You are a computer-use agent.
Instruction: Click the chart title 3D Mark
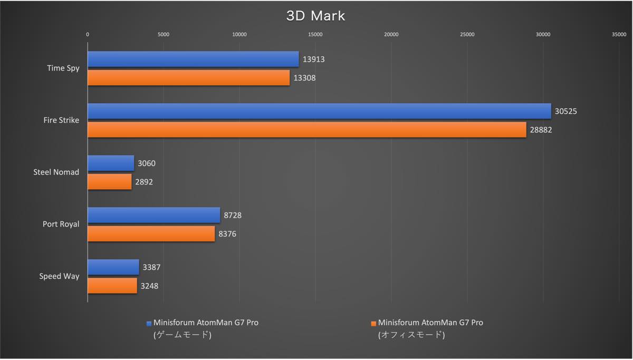pyautogui.click(x=315, y=16)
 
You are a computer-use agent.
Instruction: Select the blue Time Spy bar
pyautogui.click(x=193, y=59)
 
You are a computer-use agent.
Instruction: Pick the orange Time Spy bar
pyautogui.click(x=188, y=77)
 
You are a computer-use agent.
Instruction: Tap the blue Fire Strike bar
pyautogui.click(x=319, y=111)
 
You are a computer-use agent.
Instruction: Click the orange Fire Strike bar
pyautogui.click(x=306, y=130)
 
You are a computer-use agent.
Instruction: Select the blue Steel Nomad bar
pyautogui.click(x=111, y=163)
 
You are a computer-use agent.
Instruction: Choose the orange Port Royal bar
pyautogui.click(x=151, y=233)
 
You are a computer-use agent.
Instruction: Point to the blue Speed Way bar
pyautogui.click(x=113, y=267)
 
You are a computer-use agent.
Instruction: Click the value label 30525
pyautogui.click(x=567, y=111)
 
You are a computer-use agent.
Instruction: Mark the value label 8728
pyautogui.click(x=233, y=215)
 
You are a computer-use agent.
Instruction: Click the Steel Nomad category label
pyautogui.click(x=56, y=172)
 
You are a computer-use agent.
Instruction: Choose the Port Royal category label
pyautogui.click(x=61, y=224)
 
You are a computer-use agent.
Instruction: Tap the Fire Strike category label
pyautogui.click(x=61, y=120)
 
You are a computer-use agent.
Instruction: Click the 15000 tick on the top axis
pyautogui.click(x=315, y=35)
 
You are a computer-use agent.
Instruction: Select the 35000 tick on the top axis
pyautogui.click(x=619, y=35)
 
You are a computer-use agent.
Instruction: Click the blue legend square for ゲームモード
pyautogui.click(x=149, y=323)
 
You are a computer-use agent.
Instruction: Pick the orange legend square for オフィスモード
pyautogui.click(x=374, y=323)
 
